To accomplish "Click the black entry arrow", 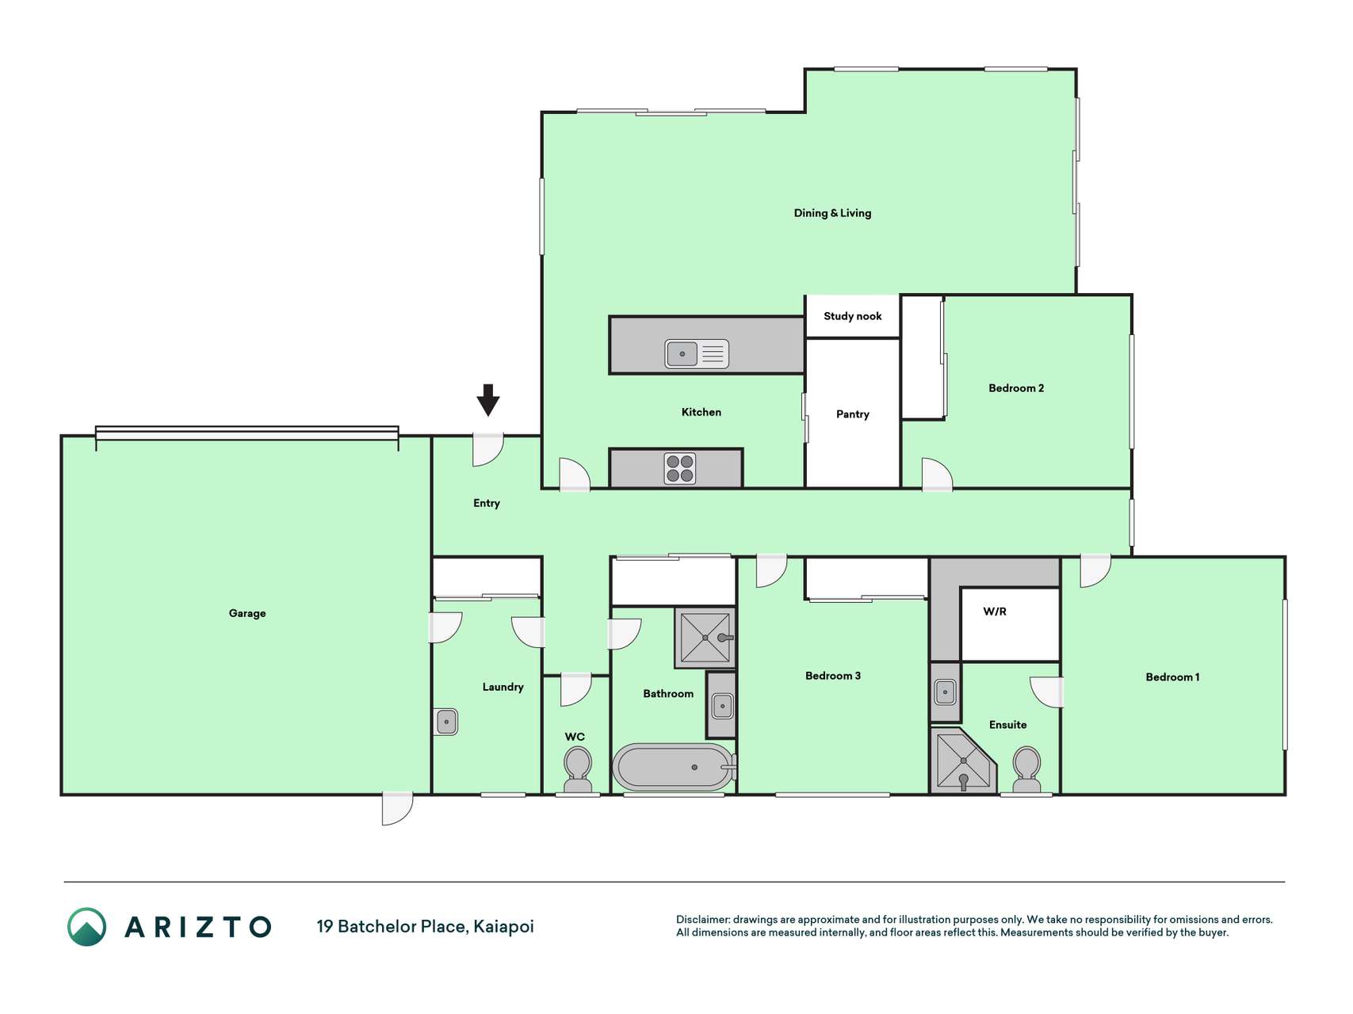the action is pos(488,400).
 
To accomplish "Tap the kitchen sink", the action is pos(697,353).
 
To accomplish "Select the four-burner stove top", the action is pos(680,468).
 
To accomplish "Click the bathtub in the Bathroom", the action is pos(675,767).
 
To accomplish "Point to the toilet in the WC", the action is pos(578,770).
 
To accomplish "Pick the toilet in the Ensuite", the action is pos(1027,769).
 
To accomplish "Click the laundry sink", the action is pos(447,722).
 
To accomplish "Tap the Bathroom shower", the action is pos(705,638).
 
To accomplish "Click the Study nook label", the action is pos(853,316).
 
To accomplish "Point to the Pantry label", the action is pos(853,414).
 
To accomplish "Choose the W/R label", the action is pos(995,612).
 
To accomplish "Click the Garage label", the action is pos(247,613).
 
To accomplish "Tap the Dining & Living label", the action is pos(832,213).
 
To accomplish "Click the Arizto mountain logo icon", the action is pos(86,927).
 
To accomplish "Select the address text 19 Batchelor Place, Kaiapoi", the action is pos(426,926).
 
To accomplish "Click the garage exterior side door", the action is pos(397,808).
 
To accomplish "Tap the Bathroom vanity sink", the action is pos(722,705).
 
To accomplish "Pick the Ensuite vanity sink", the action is pos(945,692).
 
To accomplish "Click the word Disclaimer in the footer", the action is pos(702,920).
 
